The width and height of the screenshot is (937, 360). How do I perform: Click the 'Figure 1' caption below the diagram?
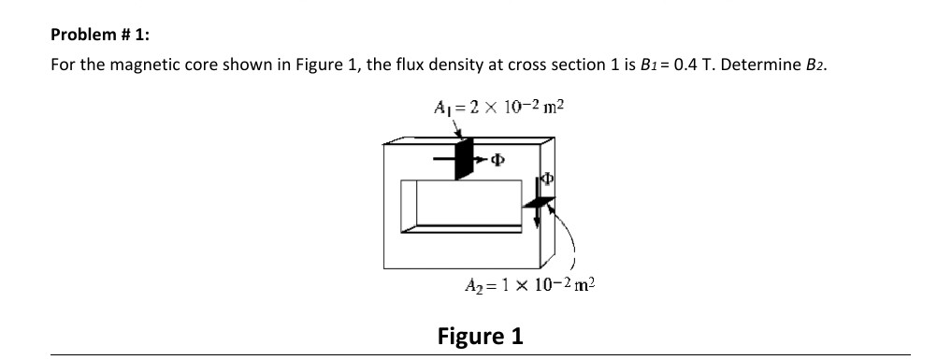click(x=481, y=335)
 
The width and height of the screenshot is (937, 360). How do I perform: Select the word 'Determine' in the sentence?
click(x=762, y=66)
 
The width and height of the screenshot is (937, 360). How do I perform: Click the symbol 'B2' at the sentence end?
click(x=815, y=66)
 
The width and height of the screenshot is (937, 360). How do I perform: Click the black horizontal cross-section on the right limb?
click(x=541, y=203)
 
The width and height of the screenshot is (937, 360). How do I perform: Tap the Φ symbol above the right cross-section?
click(x=548, y=180)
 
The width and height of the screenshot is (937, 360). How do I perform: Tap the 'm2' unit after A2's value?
click(x=581, y=285)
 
